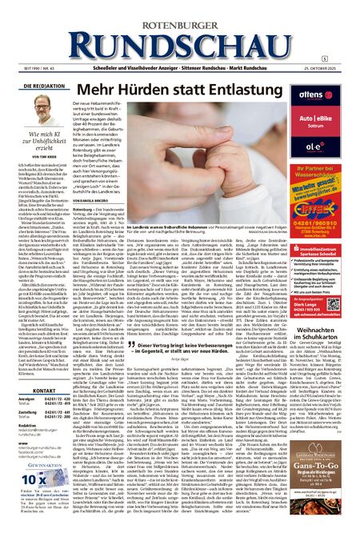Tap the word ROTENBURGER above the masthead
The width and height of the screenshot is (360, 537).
pyautogui.click(x=180, y=10)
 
